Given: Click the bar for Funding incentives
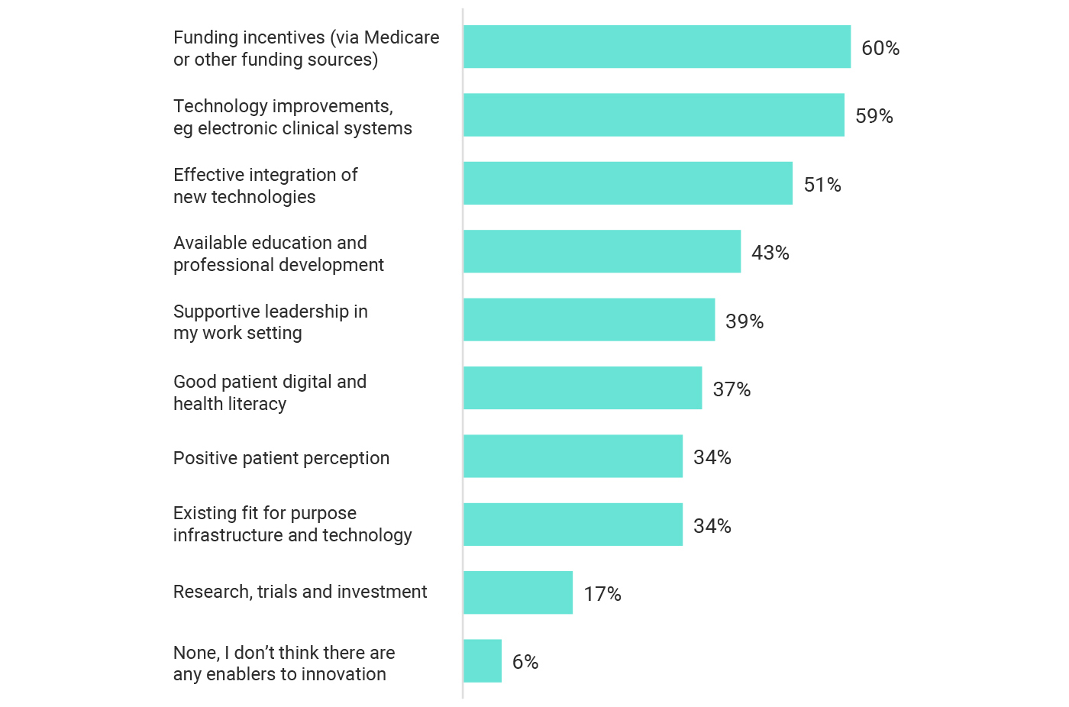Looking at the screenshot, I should pos(657,47).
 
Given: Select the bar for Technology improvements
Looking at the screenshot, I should pos(654,115).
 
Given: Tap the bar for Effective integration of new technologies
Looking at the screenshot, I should pos(628,183).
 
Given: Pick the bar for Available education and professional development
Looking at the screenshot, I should pos(602,251).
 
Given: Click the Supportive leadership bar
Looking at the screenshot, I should pos(589,320).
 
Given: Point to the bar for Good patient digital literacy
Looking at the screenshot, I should pos(583,388).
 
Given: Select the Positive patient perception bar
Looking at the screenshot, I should pos(573,456).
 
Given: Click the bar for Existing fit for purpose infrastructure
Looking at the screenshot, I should pos(573,525).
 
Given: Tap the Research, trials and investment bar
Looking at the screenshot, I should pos(518,592).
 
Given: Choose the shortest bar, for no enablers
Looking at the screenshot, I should pos(483,661).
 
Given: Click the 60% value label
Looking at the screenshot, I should pos(880,48).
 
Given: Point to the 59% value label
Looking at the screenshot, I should pos(874,116).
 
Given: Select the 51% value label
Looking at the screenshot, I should pos(822,185).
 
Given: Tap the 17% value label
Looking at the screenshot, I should pos(602,594).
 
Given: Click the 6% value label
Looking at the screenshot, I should pos(525,662).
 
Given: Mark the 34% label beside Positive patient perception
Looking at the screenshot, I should pos(712,457).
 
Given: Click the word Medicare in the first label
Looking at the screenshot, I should pos(402,37).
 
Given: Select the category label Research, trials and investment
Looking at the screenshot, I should pos(300,592).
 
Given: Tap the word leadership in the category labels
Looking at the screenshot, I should pos(305,312).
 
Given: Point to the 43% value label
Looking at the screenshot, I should pos(770,253).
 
